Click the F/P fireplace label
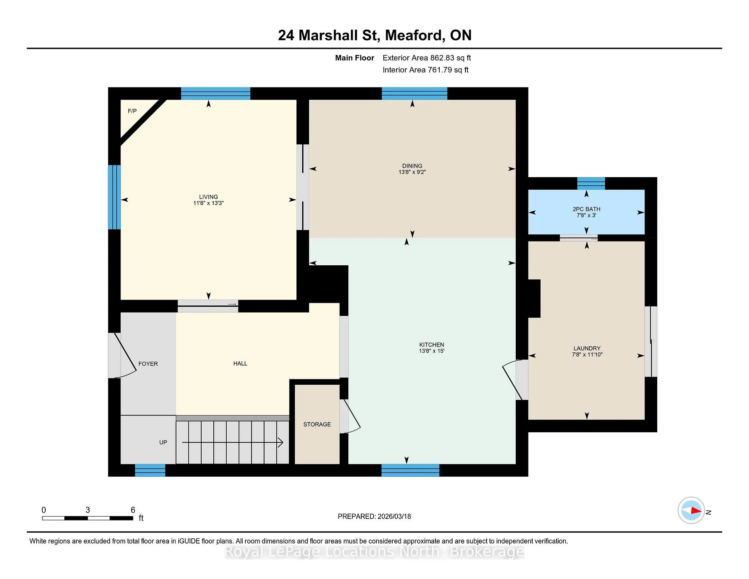(132, 111)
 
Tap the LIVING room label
(208, 197)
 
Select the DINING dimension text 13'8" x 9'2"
(412, 172)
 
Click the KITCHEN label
(431, 345)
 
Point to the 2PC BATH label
(586, 209)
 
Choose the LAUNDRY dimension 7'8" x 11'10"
(587, 355)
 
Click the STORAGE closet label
(317, 424)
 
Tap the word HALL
(240, 363)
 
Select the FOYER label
(148, 364)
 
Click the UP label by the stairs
(163, 442)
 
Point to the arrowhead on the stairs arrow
(280, 442)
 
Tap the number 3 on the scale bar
(88, 510)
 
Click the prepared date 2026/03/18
(394, 516)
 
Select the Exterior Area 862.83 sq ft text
(427, 58)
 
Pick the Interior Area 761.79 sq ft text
(426, 70)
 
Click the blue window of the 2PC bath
(591, 183)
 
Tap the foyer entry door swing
(123, 355)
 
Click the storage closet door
(350, 416)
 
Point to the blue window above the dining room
(414, 94)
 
